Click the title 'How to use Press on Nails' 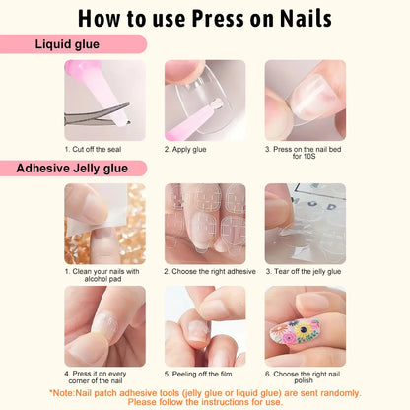[205, 19]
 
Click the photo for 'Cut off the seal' [104, 101]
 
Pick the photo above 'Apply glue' [204, 101]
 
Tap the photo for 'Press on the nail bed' [305, 101]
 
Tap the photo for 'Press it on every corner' [104, 326]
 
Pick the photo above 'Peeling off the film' [204, 326]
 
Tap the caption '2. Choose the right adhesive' [210, 271]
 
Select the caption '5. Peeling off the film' [204, 375]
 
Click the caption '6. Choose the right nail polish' [305, 378]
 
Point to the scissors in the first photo [89, 116]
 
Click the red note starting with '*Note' [205, 397]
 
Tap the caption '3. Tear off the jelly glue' [305, 271]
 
